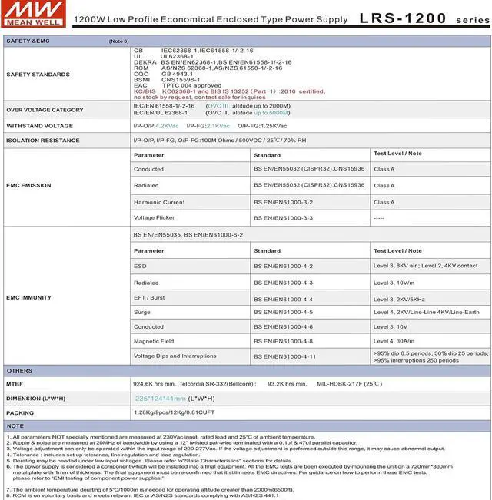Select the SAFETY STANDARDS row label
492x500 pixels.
coord(38,75)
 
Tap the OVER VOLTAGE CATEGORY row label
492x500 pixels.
coord(45,110)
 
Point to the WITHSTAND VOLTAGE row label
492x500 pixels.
coord(40,125)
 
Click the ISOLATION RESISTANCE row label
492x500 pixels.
coord(43,141)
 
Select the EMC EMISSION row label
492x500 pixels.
coord(29,186)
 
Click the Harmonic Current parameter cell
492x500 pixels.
coord(159,202)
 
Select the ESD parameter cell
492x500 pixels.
coord(140,266)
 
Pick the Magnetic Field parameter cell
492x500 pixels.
coord(155,341)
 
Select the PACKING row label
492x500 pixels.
coord(21,413)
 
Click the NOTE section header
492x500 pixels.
coord(15,425)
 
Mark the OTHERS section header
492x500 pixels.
coord(19,370)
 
